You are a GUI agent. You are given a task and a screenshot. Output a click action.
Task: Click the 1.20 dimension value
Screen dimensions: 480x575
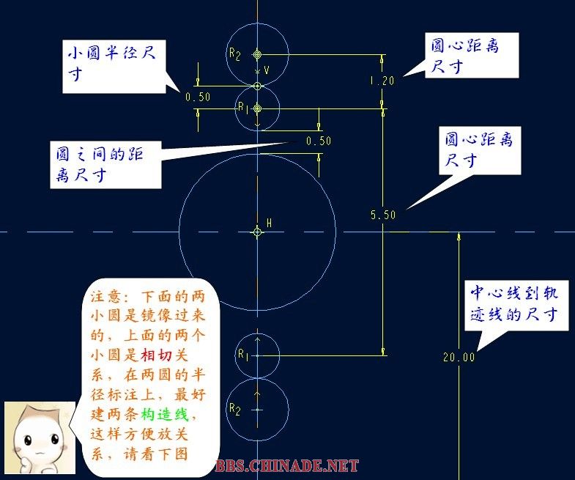pyautogui.click(x=382, y=81)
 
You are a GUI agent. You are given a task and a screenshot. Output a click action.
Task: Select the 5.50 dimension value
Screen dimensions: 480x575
pyautogui.click(x=383, y=215)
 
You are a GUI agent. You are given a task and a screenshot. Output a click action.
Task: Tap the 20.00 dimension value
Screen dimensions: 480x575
pyautogui.click(x=459, y=358)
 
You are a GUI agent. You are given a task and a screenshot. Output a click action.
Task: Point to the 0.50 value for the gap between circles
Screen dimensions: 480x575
pyautogui.click(x=319, y=141)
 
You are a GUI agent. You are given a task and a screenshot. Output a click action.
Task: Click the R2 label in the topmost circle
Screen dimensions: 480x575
pyautogui.click(x=234, y=53)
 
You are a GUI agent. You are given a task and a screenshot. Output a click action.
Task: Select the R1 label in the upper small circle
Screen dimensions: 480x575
pyautogui.click(x=242, y=107)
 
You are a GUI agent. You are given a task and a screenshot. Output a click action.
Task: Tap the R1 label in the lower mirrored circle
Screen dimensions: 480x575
pyautogui.click(x=243, y=355)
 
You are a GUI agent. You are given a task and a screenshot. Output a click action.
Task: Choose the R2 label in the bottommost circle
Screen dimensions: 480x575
pyautogui.click(x=234, y=409)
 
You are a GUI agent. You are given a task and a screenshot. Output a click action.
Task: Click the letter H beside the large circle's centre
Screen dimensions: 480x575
pyautogui.click(x=270, y=223)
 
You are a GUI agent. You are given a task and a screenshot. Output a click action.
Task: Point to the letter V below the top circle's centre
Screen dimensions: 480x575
pyautogui.click(x=267, y=70)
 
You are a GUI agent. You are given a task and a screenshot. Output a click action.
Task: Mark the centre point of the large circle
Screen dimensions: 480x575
pyautogui.click(x=257, y=232)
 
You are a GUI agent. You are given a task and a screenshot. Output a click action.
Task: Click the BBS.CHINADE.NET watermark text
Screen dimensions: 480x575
pyautogui.click(x=288, y=466)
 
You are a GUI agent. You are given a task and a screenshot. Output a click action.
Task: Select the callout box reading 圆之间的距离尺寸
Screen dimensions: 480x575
pyautogui.click(x=105, y=166)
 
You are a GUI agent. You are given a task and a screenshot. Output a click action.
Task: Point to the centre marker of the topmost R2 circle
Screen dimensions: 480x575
pyautogui.click(x=257, y=54)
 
